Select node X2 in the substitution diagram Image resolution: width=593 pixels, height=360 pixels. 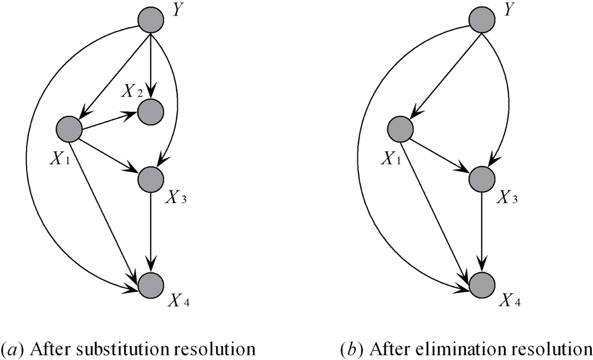(x=151, y=111)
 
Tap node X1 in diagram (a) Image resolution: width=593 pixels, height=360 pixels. (x=69, y=129)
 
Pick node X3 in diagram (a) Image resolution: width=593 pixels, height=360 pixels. (x=151, y=179)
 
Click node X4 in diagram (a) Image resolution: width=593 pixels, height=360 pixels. (x=151, y=285)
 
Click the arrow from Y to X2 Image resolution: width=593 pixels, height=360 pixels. (x=151, y=64)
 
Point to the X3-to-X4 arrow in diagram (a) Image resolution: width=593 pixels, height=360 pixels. (x=151, y=232)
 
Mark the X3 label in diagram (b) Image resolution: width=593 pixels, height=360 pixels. (x=507, y=199)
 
